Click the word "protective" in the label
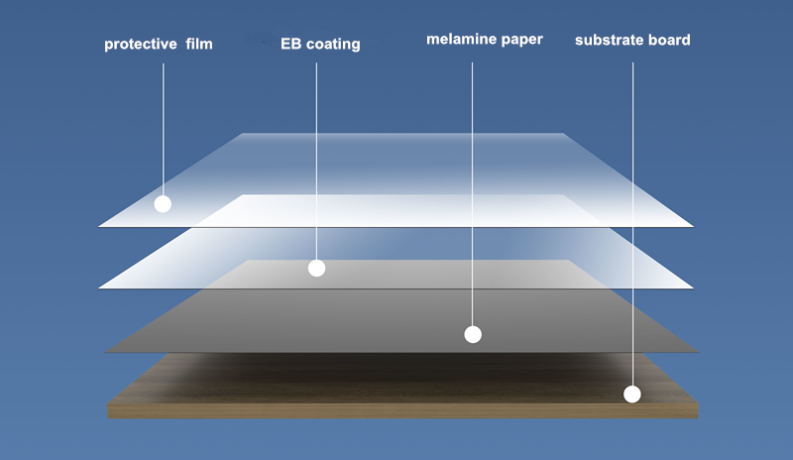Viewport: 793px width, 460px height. (x=138, y=44)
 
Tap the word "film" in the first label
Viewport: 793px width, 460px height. (x=198, y=44)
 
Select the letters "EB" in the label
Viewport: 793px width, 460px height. (x=290, y=44)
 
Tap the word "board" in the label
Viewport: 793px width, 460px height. (x=669, y=41)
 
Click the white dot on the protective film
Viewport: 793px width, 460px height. (x=163, y=204)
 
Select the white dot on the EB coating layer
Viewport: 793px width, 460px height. (x=316, y=268)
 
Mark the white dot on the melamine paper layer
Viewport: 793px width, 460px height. (x=473, y=334)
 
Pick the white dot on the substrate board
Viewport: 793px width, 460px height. (x=632, y=394)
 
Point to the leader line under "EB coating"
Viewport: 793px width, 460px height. (x=316, y=159)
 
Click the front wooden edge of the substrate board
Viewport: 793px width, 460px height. (x=396, y=410)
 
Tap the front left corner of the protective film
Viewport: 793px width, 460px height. (x=100, y=226)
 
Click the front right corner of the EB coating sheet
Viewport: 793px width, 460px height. (x=692, y=288)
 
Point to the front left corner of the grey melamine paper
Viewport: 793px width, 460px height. (x=105, y=351)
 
